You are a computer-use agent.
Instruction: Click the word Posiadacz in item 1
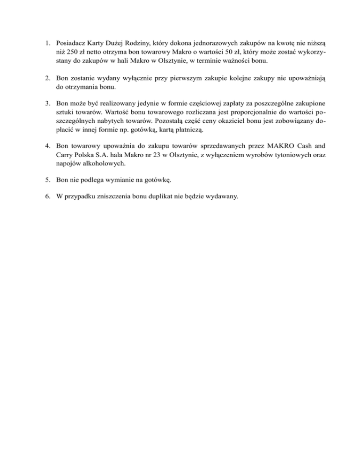pos(70,43)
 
